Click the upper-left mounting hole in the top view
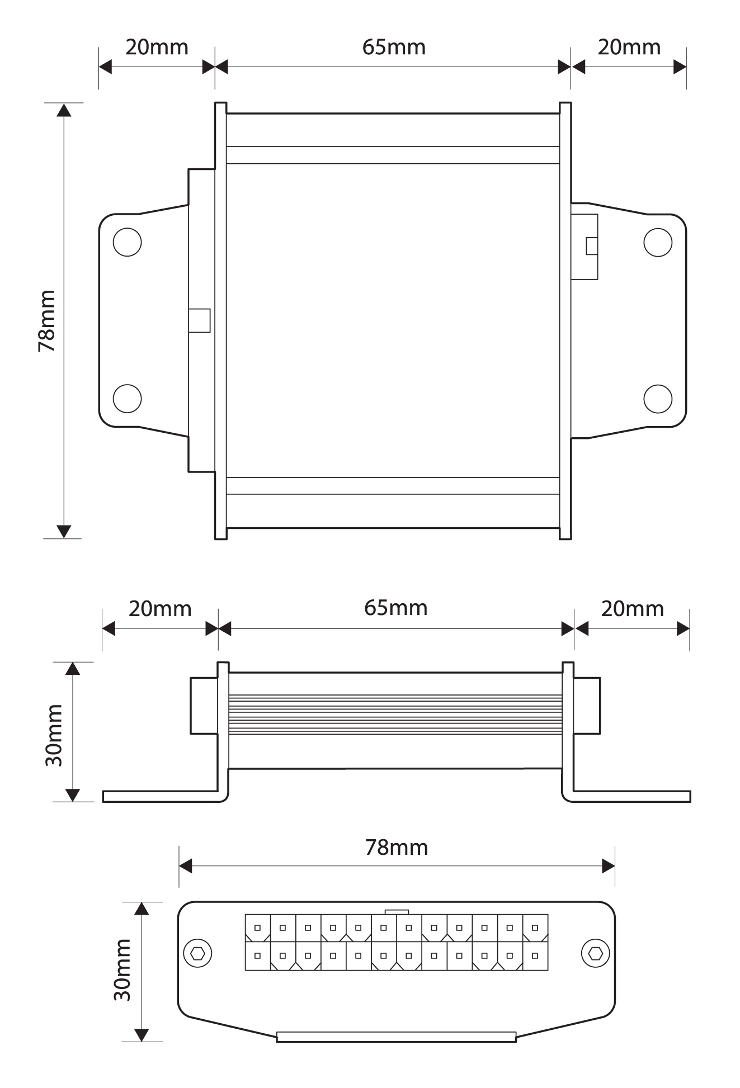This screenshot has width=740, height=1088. [127, 242]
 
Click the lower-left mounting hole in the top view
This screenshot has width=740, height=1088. [127, 398]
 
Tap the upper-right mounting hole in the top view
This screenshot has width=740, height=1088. [658, 242]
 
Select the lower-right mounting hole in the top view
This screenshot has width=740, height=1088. [658, 398]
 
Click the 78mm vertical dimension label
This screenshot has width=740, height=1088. [47, 320]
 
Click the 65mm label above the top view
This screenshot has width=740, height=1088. [394, 48]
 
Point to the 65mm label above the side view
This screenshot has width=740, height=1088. [395, 608]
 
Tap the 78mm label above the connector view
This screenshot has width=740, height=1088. [397, 848]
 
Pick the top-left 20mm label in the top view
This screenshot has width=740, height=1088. [157, 48]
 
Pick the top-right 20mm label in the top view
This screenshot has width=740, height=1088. [629, 48]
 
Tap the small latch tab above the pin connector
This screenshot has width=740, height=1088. [397, 912]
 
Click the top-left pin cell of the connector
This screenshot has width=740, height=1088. [258, 928]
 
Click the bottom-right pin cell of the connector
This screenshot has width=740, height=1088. [535, 956]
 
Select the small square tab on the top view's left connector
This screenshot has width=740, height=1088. [199, 320]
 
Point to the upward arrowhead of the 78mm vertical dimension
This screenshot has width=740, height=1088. [64, 110]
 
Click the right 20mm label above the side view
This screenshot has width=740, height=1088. [632, 609]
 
